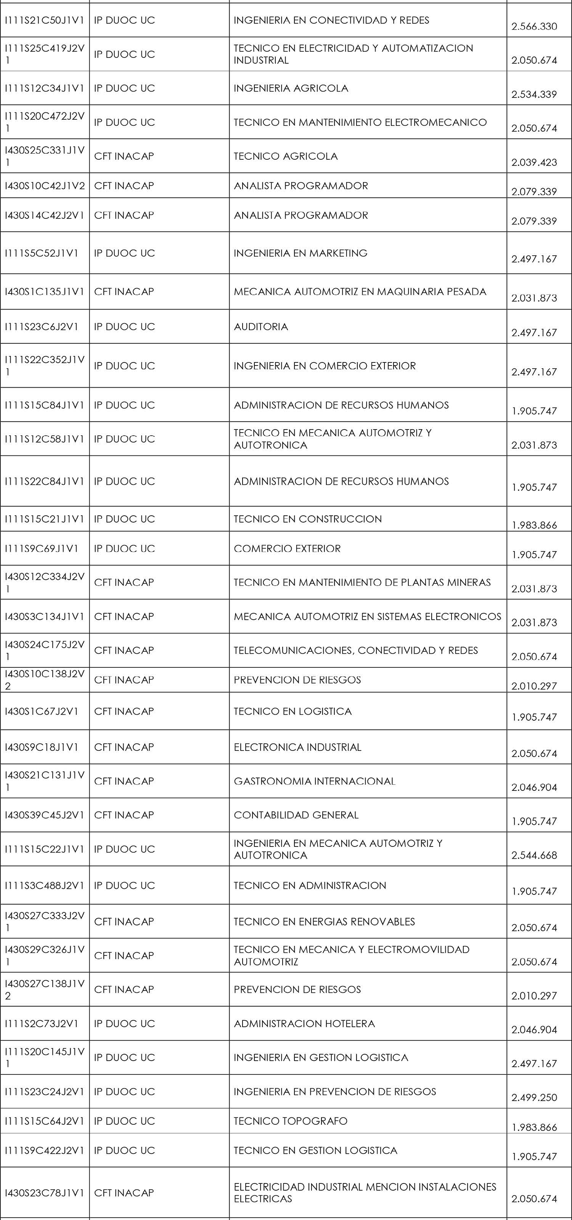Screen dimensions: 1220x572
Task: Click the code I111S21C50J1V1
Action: pos(44,20)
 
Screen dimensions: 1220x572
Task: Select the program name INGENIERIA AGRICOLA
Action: pos(291,88)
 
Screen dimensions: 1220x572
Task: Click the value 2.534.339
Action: pos(534,94)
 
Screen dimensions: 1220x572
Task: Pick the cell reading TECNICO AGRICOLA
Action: pos(285,156)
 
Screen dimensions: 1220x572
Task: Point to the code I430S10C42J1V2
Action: pos(45,186)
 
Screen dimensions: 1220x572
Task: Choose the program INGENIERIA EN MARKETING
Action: pos(300,253)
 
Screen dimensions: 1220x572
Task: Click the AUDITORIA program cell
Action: pos(261,327)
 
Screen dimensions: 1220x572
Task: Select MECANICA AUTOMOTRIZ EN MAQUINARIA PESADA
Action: pos(360,292)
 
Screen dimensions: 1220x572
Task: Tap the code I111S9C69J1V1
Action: pos(41,548)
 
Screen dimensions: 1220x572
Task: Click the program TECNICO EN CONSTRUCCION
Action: pos(308,519)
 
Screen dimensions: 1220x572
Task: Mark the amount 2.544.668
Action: pos(534,855)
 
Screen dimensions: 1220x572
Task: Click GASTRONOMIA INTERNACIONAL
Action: pos(314,781)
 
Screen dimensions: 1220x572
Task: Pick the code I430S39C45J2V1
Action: pos(44,815)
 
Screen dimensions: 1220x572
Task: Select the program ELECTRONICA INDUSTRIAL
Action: pos(297,747)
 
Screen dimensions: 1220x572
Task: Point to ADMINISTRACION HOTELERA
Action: pos(304,1023)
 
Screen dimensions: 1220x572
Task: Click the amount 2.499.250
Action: pos(534,1097)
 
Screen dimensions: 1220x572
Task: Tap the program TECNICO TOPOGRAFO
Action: pos(290,1121)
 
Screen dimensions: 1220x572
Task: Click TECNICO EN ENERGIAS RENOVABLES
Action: pos(324,922)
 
